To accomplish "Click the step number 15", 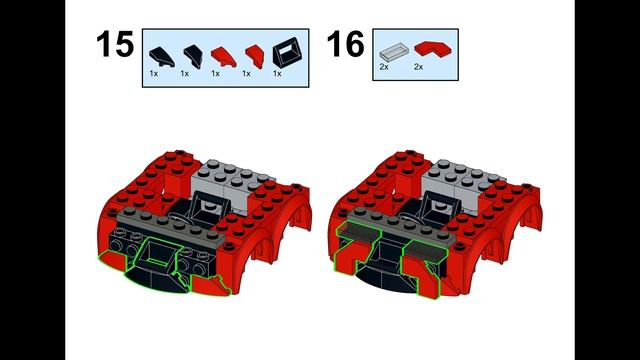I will click(114, 45).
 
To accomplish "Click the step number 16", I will click(345, 45).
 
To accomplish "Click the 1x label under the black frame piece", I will click(277, 73).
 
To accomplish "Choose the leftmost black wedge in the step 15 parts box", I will click(158, 51).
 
